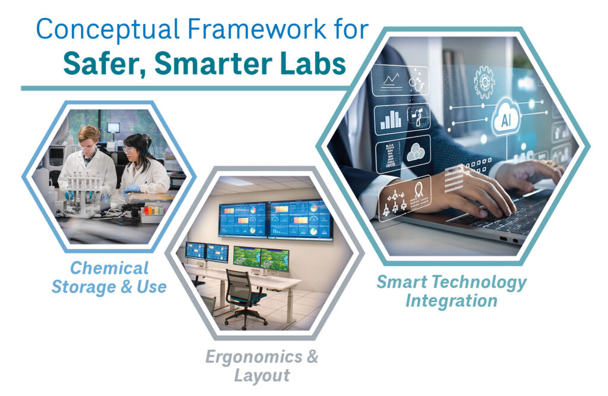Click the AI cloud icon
coord(506,120)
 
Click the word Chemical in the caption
coord(109,268)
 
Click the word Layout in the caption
coord(262,376)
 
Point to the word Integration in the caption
coord(451,300)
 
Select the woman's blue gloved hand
coord(131,189)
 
